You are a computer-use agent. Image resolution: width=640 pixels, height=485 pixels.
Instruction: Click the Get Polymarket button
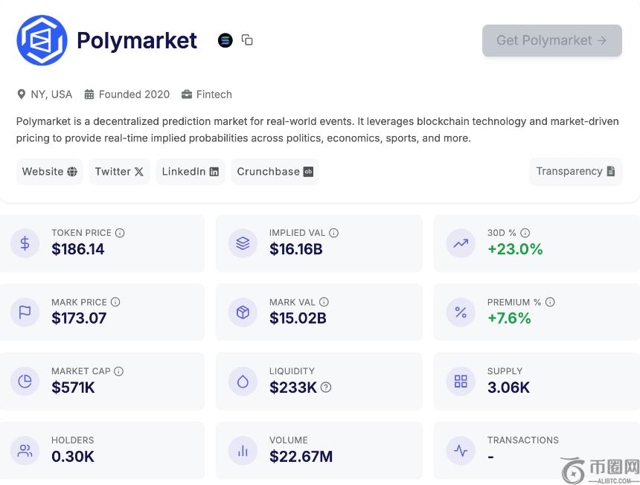tap(552, 40)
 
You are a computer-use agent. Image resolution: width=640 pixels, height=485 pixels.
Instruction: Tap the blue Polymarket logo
tap(42, 40)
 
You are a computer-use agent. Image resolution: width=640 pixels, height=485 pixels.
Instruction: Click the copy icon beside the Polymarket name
tap(247, 40)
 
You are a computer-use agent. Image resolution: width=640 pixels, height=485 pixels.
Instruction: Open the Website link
tap(49, 172)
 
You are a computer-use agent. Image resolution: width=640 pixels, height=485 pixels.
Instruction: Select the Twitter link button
tap(119, 172)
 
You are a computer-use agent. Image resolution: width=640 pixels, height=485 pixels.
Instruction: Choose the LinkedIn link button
tap(191, 172)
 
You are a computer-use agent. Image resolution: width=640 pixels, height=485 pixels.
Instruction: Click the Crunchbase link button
tap(275, 172)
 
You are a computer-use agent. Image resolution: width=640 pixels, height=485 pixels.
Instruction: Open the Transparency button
tap(575, 171)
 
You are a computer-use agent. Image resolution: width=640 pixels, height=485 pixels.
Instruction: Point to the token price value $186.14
tap(77, 249)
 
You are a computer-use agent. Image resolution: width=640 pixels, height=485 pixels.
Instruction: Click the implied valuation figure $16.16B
tap(296, 249)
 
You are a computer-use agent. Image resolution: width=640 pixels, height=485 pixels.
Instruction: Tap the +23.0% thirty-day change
tap(515, 249)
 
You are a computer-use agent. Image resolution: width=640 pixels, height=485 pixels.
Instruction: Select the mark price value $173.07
tap(79, 318)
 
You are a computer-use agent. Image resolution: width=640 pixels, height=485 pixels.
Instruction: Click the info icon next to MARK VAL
tap(324, 302)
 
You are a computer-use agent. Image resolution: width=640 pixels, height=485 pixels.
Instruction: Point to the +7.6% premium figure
tap(509, 318)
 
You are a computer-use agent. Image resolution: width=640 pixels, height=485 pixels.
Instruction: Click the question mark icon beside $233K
tap(326, 388)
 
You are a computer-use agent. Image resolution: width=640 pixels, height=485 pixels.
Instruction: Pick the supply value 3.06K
tap(508, 388)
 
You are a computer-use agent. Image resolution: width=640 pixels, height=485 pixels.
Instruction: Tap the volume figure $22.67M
tap(301, 457)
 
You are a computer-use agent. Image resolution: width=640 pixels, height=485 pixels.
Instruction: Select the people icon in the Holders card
tap(25, 451)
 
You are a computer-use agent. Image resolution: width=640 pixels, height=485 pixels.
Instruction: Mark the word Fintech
tap(214, 94)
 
